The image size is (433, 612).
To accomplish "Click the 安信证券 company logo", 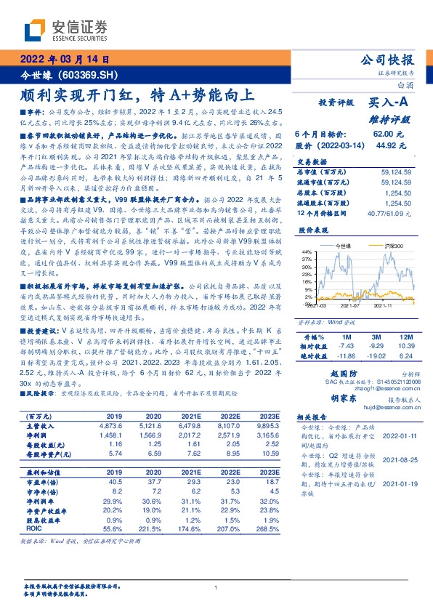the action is (65, 29).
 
